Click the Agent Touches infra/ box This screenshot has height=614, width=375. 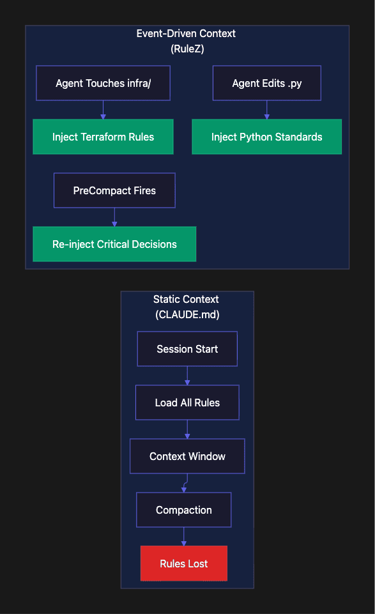103,83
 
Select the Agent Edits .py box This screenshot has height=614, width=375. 266,83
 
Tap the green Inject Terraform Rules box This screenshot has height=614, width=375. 103,137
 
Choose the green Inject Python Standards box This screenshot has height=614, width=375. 266,137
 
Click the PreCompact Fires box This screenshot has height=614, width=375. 114,190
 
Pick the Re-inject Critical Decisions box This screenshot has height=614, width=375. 114,244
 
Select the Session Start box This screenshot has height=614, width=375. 187,349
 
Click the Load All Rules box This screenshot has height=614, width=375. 187,403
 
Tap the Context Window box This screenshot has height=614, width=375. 187,456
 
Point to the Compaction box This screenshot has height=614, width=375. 183,510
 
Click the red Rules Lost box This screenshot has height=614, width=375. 183,564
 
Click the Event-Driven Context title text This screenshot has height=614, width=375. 186,34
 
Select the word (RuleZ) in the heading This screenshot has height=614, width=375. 187,49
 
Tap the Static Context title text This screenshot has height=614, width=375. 186,299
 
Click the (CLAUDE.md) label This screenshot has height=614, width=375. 187,314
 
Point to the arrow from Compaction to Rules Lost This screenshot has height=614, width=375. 183,537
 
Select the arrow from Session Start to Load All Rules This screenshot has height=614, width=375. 187,376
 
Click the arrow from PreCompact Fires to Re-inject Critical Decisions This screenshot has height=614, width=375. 114,217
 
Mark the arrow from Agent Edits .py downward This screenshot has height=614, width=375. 266,110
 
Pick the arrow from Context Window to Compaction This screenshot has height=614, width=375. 185,483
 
